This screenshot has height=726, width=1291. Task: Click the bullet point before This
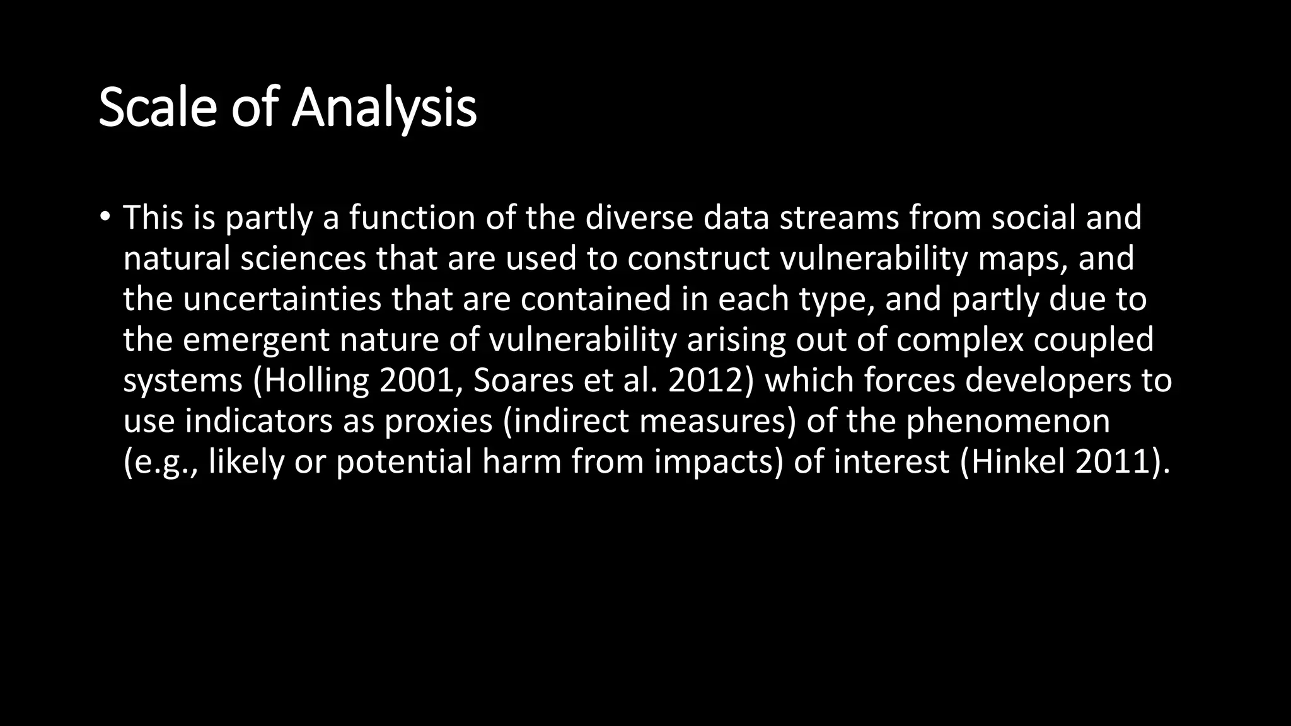click(105, 217)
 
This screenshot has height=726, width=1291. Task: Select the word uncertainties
click(282, 299)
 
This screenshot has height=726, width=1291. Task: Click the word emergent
click(256, 340)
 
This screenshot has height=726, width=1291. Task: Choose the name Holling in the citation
click(316, 381)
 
